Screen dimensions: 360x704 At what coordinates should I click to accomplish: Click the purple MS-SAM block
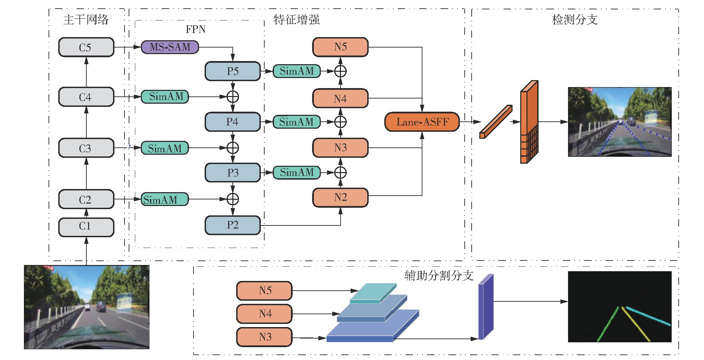pos(170,47)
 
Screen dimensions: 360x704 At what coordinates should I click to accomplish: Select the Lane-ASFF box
pos(422,122)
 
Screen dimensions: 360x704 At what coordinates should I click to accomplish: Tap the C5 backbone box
pos(86,47)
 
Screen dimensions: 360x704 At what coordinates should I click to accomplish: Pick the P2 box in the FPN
pos(232,225)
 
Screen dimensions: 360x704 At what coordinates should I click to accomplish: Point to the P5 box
pos(232,71)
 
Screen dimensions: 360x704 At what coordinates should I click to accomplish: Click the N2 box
pos(340,197)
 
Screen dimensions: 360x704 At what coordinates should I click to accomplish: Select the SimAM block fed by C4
pos(165,96)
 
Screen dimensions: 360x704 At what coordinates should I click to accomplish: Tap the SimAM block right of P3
pos(297,172)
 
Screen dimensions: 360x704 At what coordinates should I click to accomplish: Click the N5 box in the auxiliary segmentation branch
pos(264,290)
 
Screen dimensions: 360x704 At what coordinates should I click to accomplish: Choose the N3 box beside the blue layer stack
pos(264,337)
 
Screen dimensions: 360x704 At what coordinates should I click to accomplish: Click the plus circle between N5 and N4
pos(340,71)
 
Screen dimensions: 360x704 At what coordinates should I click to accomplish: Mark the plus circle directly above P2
pos(232,199)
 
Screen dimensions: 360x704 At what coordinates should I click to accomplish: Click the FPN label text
pos(195,29)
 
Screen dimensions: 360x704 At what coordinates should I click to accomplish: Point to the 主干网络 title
pos(86,19)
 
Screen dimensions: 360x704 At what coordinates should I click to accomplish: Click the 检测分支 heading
pos(575,19)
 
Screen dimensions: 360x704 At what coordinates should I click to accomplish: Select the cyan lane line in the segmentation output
pos(648,316)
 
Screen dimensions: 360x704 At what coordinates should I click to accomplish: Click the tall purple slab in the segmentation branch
pos(486,307)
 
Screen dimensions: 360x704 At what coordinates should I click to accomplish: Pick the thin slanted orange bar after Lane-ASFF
pos(496,121)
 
